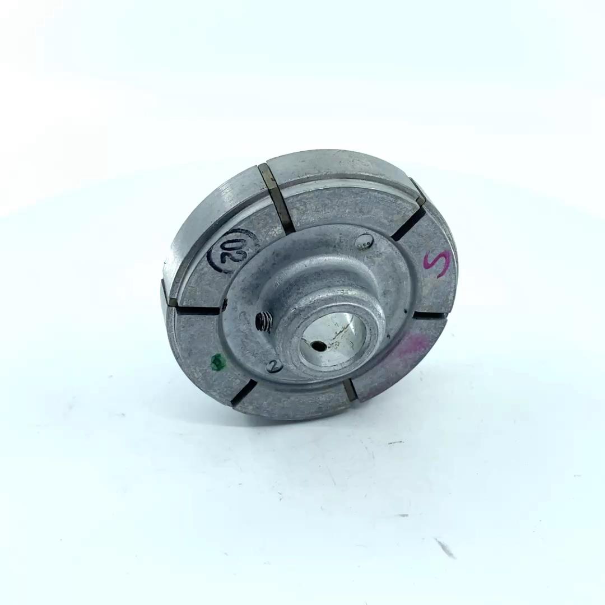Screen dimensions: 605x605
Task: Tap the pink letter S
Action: tap(437, 263)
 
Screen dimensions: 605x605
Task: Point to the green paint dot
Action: tap(218, 362)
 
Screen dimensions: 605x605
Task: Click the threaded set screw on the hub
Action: tap(264, 321)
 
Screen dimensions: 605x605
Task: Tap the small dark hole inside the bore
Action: tap(319, 346)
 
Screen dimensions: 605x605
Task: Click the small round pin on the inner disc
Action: tap(364, 240)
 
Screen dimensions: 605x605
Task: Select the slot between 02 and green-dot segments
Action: tap(196, 309)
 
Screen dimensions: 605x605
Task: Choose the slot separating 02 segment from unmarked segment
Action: tap(277, 199)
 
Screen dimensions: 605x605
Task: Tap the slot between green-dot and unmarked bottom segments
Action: tap(243, 392)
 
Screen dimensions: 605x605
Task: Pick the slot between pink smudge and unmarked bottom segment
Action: tap(350, 389)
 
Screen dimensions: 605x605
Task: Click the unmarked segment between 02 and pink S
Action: tap(347, 202)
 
